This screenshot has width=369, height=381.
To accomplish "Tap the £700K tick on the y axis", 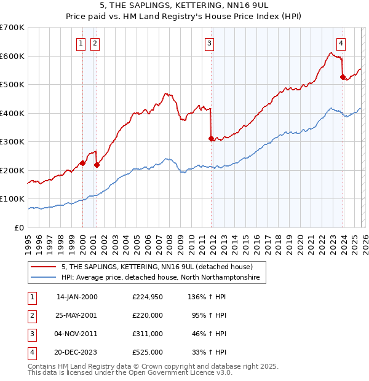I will (x=12, y=28).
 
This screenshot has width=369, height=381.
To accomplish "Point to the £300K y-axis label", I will (x=12, y=142).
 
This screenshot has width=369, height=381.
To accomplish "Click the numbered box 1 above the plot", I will (x=81, y=43).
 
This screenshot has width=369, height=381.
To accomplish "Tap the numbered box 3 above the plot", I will (x=210, y=43).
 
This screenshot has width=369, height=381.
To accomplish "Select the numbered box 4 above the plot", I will (x=341, y=43).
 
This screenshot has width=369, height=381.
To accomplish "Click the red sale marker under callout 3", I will (x=211, y=139).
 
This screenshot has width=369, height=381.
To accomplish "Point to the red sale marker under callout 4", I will (x=343, y=77).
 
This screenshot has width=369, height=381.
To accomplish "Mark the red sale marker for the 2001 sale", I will (x=97, y=165).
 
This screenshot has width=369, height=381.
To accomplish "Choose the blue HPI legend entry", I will (x=160, y=278).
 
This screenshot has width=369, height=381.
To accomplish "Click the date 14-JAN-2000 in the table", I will (x=77, y=297).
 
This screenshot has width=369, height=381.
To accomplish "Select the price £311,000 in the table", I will (x=148, y=334).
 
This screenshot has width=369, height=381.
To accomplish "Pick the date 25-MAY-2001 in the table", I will (x=77, y=315).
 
